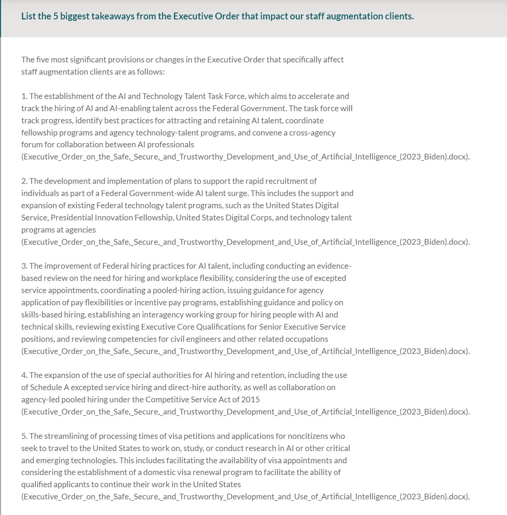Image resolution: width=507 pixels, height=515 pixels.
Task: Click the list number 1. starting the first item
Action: [24, 96]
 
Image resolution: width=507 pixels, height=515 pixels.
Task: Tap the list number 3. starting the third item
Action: [24, 266]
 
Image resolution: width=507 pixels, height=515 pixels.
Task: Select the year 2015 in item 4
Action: [250, 400]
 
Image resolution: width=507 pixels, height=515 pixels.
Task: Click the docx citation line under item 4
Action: [245, 412]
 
